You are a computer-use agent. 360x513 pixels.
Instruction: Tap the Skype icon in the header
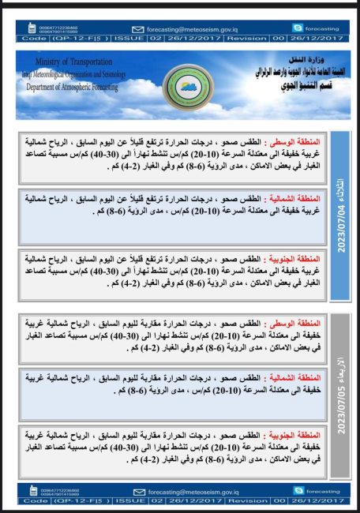tap(299, 27)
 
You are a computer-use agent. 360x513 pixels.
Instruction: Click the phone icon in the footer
tap(32, 491)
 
